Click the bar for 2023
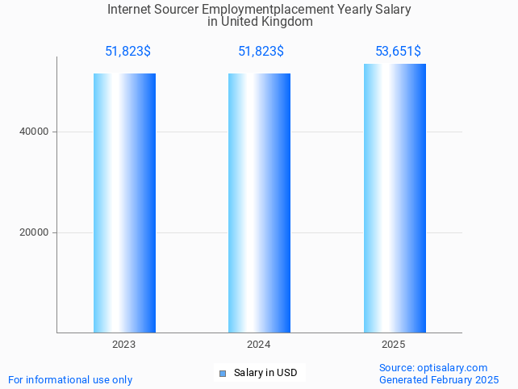coord(124,203)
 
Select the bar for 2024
coord(259,203)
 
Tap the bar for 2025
coord(394,198)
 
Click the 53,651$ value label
coord(398,52)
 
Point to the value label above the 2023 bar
coord(127,52)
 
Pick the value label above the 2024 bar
coord(261,52)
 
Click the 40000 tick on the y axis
coord(34,132)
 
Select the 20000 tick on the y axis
coord(34,232)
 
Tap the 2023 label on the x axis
coord(124,345)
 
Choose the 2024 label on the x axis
coord(259,345)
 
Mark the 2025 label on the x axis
coord(394,345)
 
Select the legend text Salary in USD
coord(265,373)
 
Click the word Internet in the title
coord(130,10)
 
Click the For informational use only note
coord(70,379)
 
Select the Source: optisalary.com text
coord(433,367)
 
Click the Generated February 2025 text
coord(439,379)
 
